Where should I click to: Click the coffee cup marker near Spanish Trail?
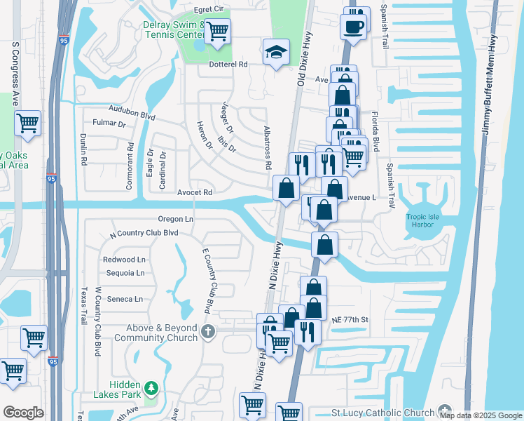tap(353, 27)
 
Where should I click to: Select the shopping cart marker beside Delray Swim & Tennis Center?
tap(217, 31)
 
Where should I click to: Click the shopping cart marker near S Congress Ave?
tap(27, 123)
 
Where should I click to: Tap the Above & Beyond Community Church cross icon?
tap(207, 330)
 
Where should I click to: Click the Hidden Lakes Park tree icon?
tap(150, 388)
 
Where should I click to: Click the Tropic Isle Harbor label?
tap(422, 221)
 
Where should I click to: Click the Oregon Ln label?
tap(175, 219)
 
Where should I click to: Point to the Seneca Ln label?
tap(125, 299)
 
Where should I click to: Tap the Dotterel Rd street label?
tap(229, 65)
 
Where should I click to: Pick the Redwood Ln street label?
tap(124, 260)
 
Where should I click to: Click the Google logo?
tap(23, 412)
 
